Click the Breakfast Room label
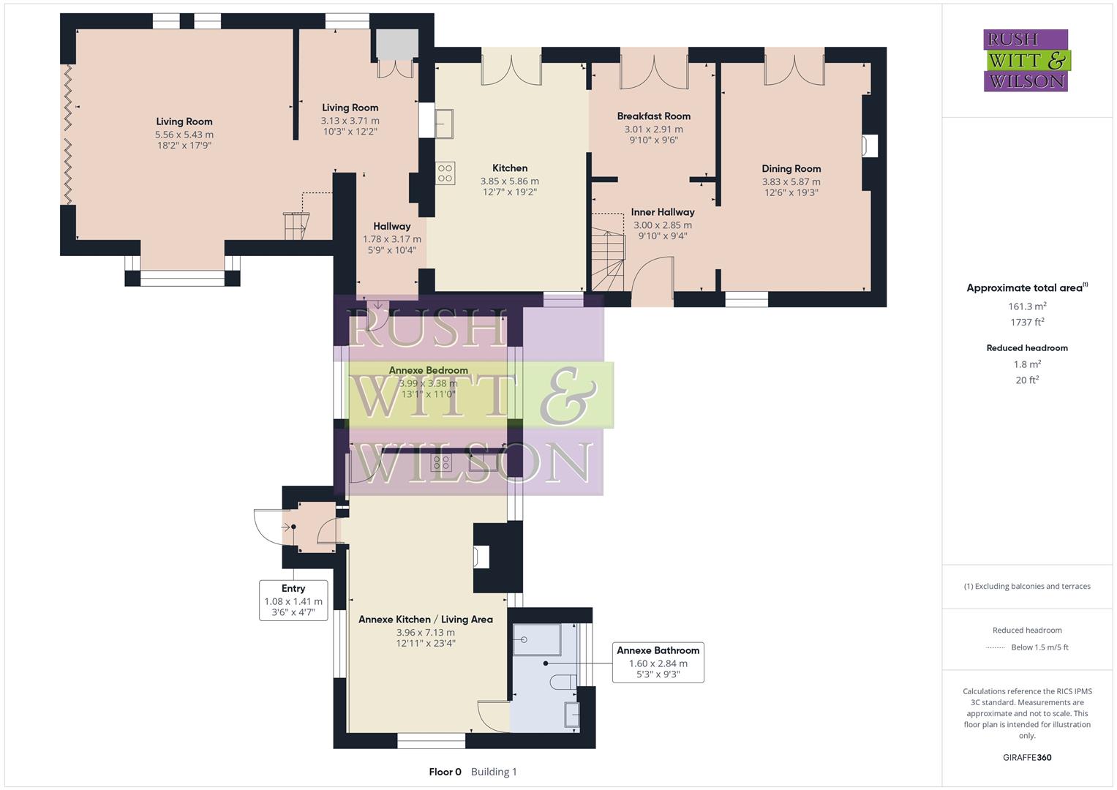coord(653,116)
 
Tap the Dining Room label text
coord(791,168)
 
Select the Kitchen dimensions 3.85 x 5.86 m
coord(509,181)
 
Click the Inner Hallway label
coord(662,212)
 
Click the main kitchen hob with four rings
coord(445,173)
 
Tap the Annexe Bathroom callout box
coord(658,663)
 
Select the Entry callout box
coord(293,600)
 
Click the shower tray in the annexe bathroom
coord(536,639)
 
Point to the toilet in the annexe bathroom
coord(563,682)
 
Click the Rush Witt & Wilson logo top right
coord(1026,60)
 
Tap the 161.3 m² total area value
coord(1027,306)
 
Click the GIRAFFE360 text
coord(1026,757)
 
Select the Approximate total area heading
coord(1026,287)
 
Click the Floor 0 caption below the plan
coord(445,771)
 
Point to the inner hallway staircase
coord(608,260)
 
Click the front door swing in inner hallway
coord(651,281)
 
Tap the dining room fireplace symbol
coord(870,146)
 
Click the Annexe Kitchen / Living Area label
coord(425,619)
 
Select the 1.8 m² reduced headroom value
coord(1027,364)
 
